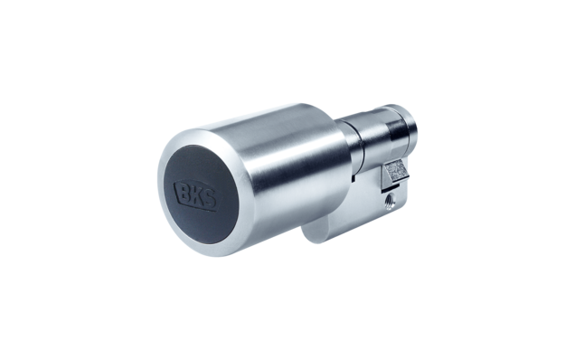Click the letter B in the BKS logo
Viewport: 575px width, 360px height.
185,193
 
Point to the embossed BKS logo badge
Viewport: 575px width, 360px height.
196,196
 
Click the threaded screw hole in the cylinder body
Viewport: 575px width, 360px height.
389,201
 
